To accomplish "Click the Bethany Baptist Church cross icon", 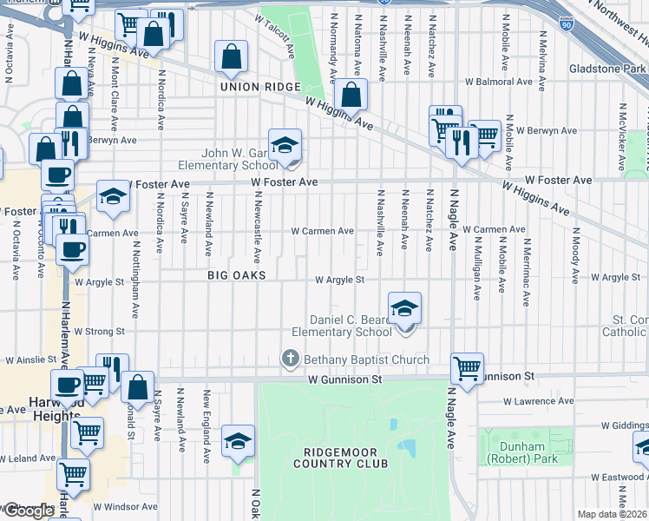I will click(x=290, y=359).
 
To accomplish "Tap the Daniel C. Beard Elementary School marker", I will click(x=404, y=310).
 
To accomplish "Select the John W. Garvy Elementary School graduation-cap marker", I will click(x=284, y=147).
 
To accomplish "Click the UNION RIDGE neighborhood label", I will click(x=259, y=87).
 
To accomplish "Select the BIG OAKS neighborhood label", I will click(x=236, y=275).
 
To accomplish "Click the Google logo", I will click(x=29, y=511).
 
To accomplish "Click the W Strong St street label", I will click(x=100, y=331).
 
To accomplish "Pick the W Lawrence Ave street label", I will click(x=541, y=402).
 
